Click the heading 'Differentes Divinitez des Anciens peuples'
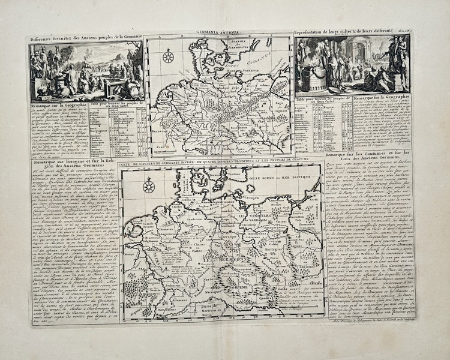coord(85,37)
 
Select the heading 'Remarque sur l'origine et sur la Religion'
coord(72,169)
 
